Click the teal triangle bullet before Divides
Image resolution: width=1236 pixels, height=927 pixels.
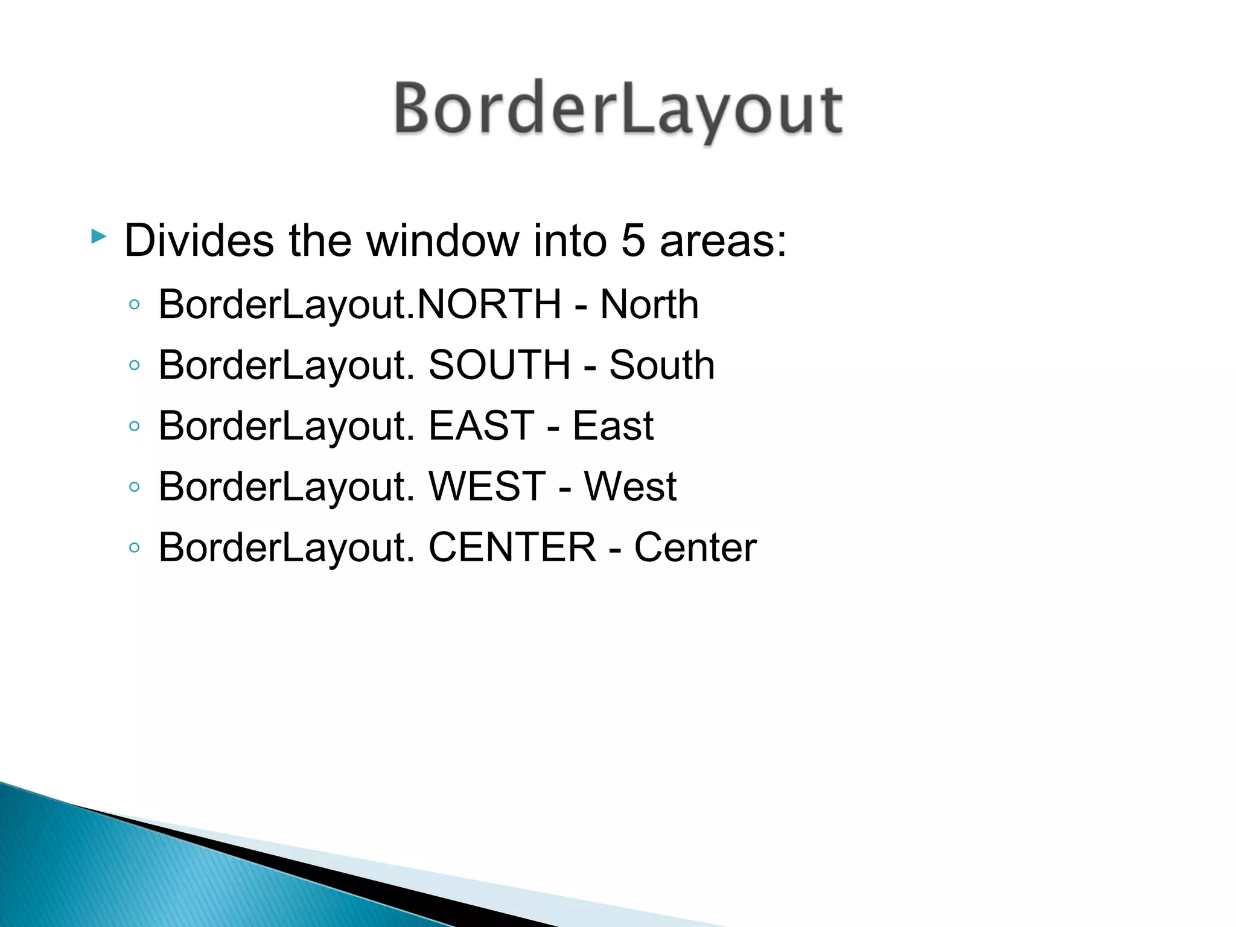pos(98,236)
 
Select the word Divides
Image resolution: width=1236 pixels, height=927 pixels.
pos(199,241)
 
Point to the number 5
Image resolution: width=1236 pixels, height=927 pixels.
pos(633,241)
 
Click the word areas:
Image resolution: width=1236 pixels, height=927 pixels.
pos(724,241)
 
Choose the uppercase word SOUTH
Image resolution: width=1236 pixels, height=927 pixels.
pos(499,365)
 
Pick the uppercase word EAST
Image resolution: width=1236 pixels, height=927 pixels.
pos(482,425)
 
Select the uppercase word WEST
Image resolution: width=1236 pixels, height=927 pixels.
pos(487,486)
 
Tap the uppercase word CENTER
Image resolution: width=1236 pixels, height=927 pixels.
pos(512,547)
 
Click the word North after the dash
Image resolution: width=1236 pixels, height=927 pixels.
pos(649,304)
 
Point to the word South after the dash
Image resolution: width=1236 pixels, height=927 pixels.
pos(662,365)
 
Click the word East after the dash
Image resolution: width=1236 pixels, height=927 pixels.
pos(613,425)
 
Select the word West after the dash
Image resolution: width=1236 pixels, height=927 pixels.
pos(630,486)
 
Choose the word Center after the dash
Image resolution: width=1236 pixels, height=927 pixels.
pos(695,547)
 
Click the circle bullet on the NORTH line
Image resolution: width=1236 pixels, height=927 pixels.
pos(135,305)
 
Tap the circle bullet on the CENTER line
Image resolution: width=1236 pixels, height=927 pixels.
pos(135,548)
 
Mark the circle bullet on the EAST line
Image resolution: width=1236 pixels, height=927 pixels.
pos(135,426)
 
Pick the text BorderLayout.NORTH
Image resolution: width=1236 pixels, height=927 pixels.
pos(360,305)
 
